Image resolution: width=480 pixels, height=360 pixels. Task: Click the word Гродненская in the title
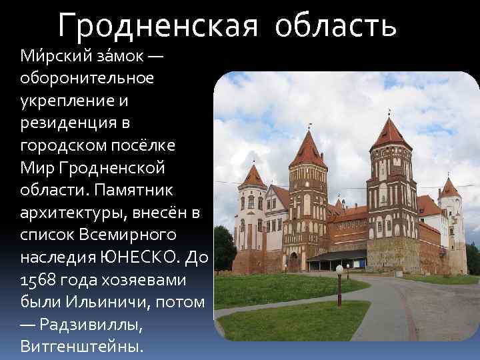[x=157, y=26]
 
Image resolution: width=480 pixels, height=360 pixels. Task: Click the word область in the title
[x=337, y=26]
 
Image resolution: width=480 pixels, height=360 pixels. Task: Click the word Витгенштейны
[x=81, y=347]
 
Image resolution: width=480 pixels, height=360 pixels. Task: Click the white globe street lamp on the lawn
[x=339, y=269]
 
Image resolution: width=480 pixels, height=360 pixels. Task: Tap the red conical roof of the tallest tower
[x=390, y=133]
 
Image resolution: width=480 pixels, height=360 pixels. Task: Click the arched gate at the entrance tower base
[x=293, y=262]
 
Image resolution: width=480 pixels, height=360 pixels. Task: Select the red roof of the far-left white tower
[x=253, y=177]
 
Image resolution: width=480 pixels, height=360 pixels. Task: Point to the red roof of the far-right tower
[x=449, y=188]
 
